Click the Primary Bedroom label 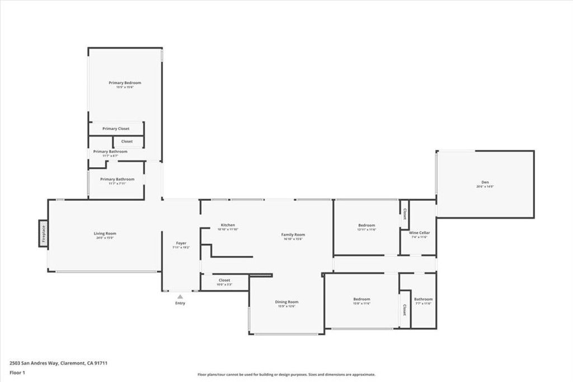[125, 83]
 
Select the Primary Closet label [116, 129]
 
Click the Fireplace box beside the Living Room [43, 234]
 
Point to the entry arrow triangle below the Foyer [180, 296]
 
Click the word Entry [180, 303]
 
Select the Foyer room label [181, 243]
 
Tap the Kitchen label [228, 225]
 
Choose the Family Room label [293, 234]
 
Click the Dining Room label [286, 302]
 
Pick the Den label [485, 182]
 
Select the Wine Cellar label [419, 233]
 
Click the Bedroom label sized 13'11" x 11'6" [367, 225]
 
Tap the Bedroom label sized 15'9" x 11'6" [361, 299]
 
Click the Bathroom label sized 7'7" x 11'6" [423, 299]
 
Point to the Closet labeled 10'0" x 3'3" [224, 280]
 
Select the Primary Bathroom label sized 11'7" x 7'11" [117, 180]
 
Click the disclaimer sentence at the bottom [286, 375]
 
